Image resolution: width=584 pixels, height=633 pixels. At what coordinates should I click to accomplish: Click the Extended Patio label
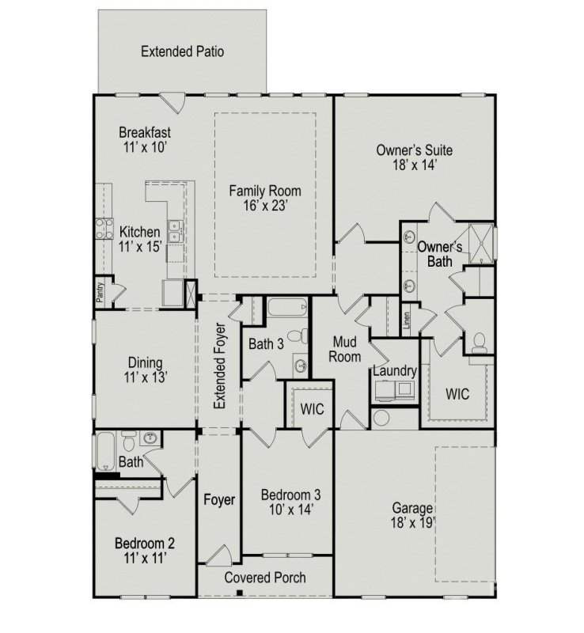click(182, 52)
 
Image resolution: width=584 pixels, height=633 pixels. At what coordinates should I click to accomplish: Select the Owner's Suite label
click(414, 151)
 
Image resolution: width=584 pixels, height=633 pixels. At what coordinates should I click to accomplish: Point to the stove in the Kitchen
click(104, 229)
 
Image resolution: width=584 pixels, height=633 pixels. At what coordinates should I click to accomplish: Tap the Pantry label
click(100, 293)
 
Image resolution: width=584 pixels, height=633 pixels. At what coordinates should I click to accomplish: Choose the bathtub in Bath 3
click(285, 308)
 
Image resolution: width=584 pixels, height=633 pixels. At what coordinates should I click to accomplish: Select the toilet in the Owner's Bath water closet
click(477, 341)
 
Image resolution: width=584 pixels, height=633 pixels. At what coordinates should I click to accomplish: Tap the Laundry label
click(394, 370)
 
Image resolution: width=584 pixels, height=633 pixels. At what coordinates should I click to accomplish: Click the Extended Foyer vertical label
click(220, 366)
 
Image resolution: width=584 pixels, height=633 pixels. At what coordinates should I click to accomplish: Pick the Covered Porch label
click(265, 578)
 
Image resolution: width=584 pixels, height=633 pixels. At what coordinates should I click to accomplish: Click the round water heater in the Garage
click(381, 417)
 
